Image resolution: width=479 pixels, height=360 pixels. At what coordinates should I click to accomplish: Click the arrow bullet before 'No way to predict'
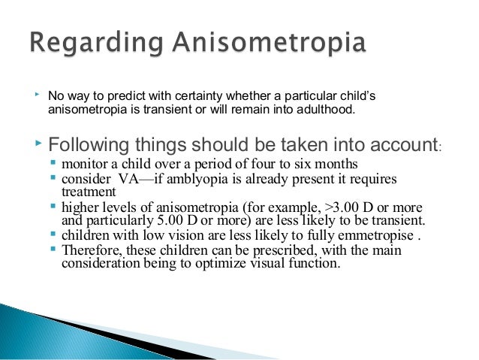pos(37,95)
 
